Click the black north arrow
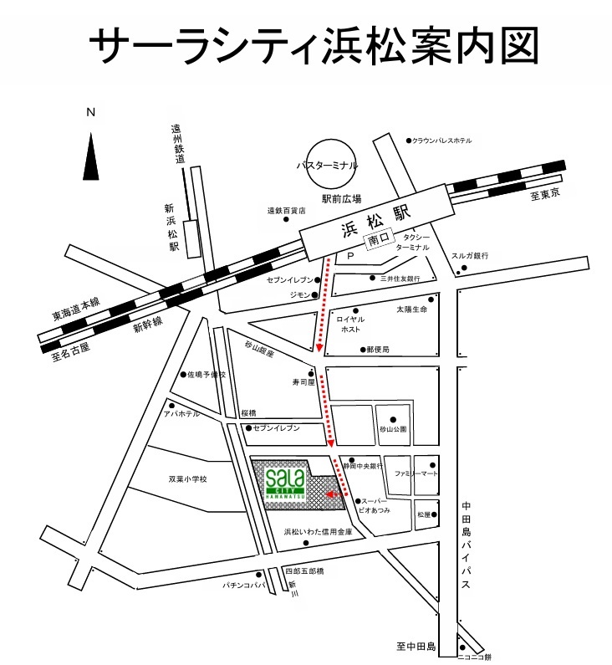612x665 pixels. click(90, 156)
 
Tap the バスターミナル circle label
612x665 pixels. click(327, 166)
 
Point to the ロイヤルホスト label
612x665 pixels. click(349, 324)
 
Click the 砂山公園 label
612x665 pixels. click(392, 429)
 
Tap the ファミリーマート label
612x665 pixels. click(411, 473)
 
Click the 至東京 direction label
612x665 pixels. click(544, 194)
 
